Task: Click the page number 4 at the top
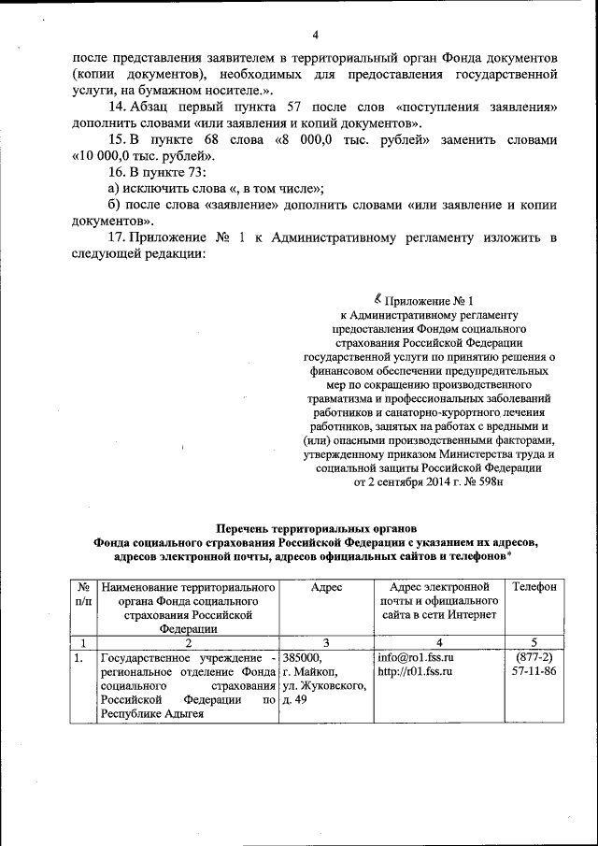316,36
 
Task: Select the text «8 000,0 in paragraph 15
305,140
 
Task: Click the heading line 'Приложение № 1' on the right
429,300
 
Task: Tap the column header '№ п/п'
82,595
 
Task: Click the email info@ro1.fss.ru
414,657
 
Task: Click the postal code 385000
302,657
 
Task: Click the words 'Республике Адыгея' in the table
149,714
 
